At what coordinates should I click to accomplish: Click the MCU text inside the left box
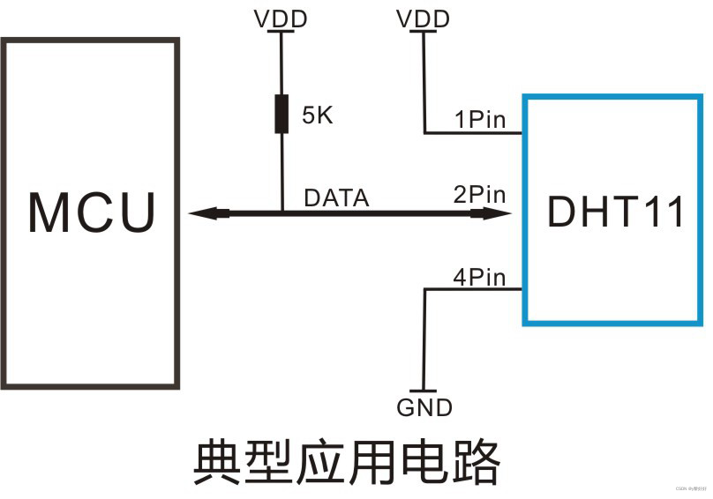(x=93, y=212)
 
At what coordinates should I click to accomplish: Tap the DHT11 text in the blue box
(x=616, y=212)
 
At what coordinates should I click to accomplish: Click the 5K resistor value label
(x=318, y=115)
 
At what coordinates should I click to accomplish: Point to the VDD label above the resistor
(x=281, y=18)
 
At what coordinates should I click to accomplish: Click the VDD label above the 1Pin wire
(x=424, y=18)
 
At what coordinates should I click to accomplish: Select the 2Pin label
(x=480, y=194)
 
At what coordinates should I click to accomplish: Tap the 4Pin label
(x=480, y=278)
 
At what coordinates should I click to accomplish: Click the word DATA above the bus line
(x=336, y=198)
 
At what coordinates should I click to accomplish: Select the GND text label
(x=424, y=407)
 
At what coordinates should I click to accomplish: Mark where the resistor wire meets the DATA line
(x=281, y=212)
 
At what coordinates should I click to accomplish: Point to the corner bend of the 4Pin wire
(x=425, y=290)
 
